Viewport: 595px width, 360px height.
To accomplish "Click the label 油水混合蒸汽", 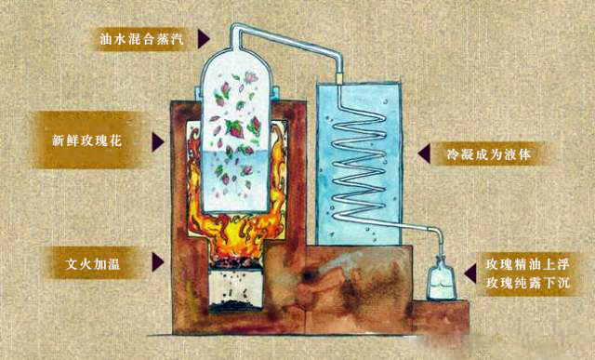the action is tap(141, 39).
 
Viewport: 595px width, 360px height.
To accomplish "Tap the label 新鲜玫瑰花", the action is tap(86, 140).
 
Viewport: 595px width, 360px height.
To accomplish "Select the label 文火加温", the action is tap(93, 263).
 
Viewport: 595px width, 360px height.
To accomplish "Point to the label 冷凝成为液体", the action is tap(489, 154).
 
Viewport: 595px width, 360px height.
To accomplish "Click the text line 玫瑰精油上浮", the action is tap(527, 264).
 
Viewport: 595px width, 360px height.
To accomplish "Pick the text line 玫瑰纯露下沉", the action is tap(527, 283).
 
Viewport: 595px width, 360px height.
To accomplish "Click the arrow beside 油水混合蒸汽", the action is tap(203, 39).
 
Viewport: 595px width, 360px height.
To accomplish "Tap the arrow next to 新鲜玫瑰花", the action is tap(157, 142).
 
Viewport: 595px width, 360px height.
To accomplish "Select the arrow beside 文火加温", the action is tap(157, 262).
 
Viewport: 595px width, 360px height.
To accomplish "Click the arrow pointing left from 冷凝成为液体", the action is tap(424, 153).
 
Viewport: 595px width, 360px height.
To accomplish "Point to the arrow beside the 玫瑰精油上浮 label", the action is tap(470, 273).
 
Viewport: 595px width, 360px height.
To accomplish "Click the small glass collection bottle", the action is tap(441, 279).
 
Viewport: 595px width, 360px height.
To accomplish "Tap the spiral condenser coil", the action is tap(359, 167).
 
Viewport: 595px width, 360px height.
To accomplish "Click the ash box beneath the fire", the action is tap(235, 288).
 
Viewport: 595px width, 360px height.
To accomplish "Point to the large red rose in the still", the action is tap(235, 128).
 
